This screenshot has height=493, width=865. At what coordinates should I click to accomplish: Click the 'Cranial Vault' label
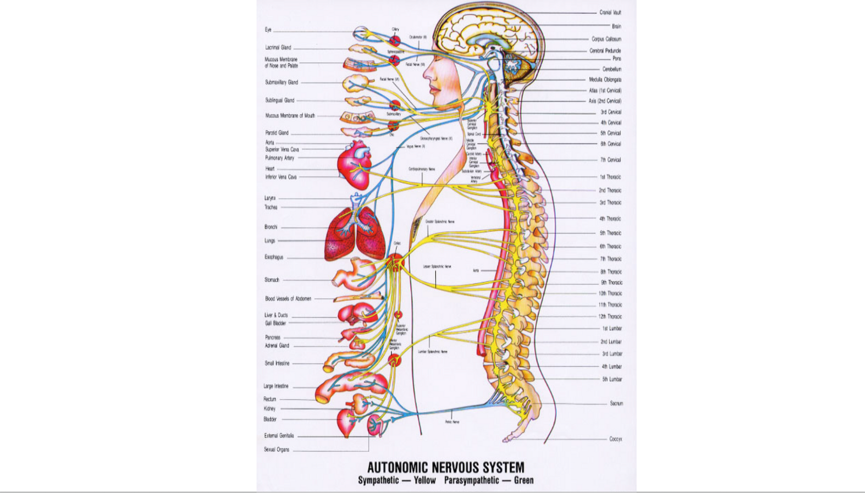point(610,12)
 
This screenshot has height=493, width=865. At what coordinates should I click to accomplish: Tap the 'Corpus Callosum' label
point(606,39)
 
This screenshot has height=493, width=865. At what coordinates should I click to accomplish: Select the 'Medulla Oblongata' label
point(605,79)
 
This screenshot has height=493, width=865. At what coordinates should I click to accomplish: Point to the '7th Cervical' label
point(610,160)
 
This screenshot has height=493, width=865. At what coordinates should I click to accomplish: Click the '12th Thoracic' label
point(610,317)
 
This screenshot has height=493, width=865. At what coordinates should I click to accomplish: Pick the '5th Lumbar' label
point(612,379)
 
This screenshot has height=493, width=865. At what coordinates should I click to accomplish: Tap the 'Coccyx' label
point(615,439)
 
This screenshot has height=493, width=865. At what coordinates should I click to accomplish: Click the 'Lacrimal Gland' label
point(278,48)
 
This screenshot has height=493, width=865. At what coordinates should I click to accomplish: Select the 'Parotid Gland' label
point(277,132)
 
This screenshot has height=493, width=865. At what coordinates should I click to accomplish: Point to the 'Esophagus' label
point(274,257)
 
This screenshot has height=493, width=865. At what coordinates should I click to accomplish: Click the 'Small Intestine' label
point(277,363)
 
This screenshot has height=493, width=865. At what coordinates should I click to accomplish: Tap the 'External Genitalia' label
point(279,436)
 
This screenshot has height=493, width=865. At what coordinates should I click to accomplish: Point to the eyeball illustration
point(361,34)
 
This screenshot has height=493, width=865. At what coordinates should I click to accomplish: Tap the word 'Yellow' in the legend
point(424,481)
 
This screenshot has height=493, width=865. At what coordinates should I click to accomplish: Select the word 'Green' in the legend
point(523,481)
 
